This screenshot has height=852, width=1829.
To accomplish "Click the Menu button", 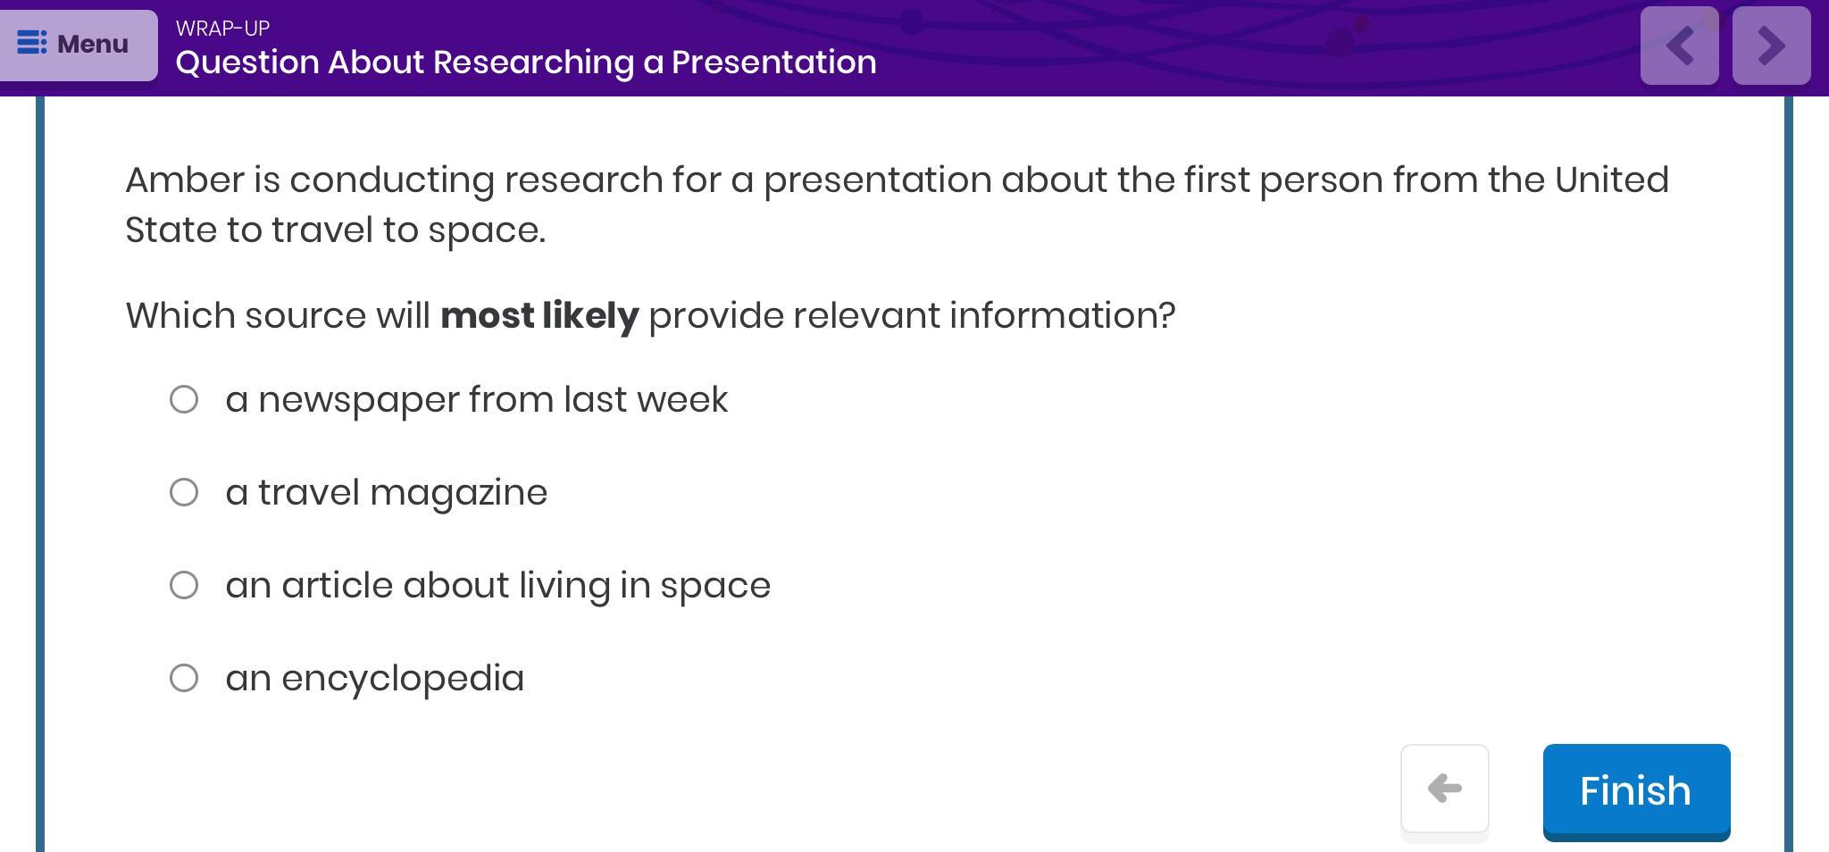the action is click(79, 45).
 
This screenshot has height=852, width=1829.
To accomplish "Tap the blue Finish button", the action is click(1636, 791).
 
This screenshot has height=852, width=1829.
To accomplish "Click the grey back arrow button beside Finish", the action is click(1444, 789).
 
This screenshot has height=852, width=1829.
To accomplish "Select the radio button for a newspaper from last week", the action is click(184, 399).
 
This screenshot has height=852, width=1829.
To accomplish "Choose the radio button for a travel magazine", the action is click(184, 492).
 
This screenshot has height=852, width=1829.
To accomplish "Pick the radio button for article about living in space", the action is click(184, 585).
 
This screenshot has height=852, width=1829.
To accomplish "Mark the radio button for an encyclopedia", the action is click(184, 678).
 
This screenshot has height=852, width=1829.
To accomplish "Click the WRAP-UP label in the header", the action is click(222, 29).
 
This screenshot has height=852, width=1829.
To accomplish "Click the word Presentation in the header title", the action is click(773, 62).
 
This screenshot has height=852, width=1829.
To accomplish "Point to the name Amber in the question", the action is click(185, 180).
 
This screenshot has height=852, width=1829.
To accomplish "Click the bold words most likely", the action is click(539, 315).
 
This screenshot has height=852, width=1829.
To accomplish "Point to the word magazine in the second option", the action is click(458, 493).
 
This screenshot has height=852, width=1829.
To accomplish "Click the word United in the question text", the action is click(1612, 180).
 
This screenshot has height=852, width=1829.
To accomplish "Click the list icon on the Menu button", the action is click(32, 43).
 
